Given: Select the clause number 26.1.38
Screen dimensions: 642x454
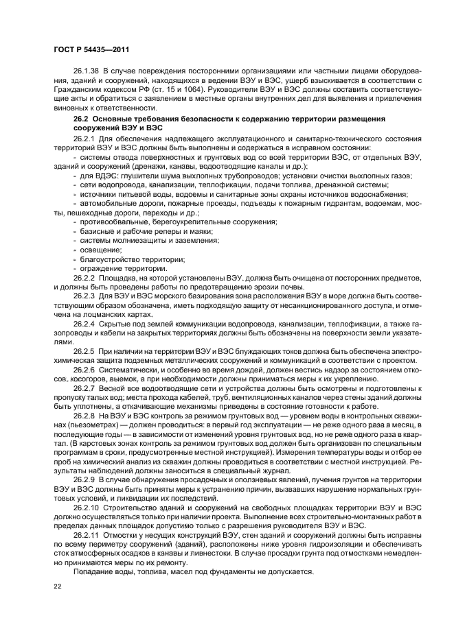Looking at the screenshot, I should click(x=86, y=71).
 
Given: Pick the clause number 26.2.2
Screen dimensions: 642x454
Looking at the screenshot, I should click(x=84, y=277).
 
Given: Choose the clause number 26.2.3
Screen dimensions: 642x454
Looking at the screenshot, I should click(x=84, y=295).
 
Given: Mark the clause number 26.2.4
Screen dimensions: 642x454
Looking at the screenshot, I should click(x=84, y=322).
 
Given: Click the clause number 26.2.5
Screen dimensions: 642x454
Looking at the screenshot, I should click(x=84, y=350).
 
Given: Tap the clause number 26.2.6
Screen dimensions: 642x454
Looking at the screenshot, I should click(x=84, y=368).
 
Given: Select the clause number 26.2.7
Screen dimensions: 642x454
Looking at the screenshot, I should click(x=84, y=387).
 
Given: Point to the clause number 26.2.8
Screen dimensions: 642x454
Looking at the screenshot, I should click(x=84, y=416).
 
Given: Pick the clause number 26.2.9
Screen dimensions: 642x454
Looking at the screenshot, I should click(x=84, y=481).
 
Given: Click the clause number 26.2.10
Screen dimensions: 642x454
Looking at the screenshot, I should click(x=86, y=508).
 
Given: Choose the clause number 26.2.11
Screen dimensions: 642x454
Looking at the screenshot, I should click(x=86, y=535).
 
